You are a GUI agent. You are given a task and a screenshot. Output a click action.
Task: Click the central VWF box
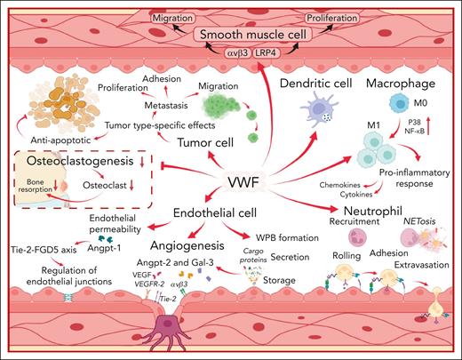tap(243, 181)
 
